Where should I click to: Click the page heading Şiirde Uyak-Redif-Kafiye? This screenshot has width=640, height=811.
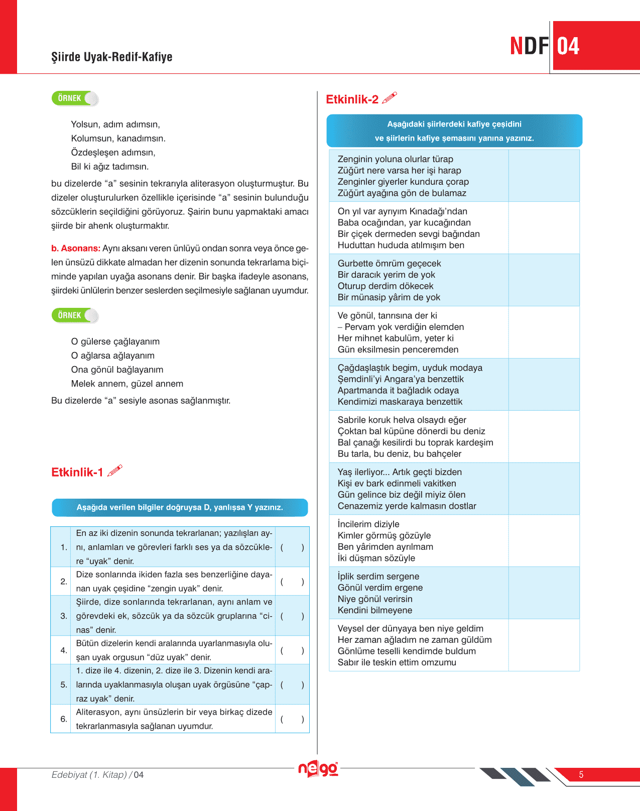(x=111, y=57)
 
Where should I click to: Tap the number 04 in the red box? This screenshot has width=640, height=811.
(x=568, y=46)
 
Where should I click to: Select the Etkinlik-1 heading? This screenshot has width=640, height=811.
(x=77, y=472)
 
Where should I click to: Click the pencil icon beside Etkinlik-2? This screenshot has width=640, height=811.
(x=390, y=97)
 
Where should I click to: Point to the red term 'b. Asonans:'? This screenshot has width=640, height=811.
(x=76, y=248)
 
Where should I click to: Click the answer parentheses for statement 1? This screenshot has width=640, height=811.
(x=292, y=547)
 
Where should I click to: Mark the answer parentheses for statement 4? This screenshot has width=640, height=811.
(x=292, y=650)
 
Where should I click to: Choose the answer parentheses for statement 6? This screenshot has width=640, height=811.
(x=292, y=719)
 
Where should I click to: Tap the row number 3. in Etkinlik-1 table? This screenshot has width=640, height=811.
(x=64, y=616)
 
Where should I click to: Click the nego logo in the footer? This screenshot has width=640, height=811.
(x=318, y=769)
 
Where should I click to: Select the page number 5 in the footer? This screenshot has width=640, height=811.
(x=581, y=774)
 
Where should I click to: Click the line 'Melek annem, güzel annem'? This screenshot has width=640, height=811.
(x=127, y=384)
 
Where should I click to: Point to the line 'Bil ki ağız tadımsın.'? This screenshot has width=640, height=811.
(x=110, y=167)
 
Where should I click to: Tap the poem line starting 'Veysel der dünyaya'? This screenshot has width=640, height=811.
(x=410, y=629)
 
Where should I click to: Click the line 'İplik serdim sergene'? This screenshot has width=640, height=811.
(x=378, y=576)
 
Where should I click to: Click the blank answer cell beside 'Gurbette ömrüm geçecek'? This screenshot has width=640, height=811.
(x=544, y=280)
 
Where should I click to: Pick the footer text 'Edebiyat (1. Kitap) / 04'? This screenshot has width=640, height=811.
(x=97, y=775)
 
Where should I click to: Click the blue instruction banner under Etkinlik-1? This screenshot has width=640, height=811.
(x=180, y=507)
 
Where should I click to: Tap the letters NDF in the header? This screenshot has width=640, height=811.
(x=529, y=46)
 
